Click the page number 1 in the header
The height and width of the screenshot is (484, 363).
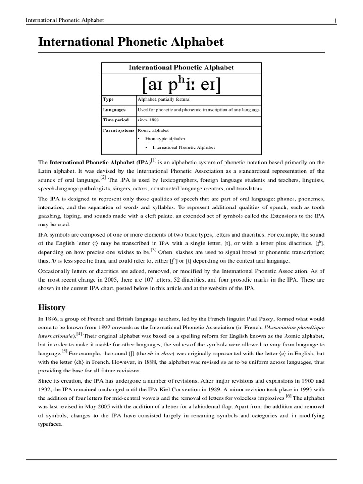(x=335, y=20)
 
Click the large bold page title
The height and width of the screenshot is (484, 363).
(x=131, y=43)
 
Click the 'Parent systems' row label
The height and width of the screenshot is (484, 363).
(x=119, y=130)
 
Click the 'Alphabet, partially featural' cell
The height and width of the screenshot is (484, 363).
(x=164, y=100)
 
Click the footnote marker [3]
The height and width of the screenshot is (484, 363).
(x=153, y=250)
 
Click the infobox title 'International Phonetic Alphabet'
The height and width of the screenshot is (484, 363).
(x=181, y=68)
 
